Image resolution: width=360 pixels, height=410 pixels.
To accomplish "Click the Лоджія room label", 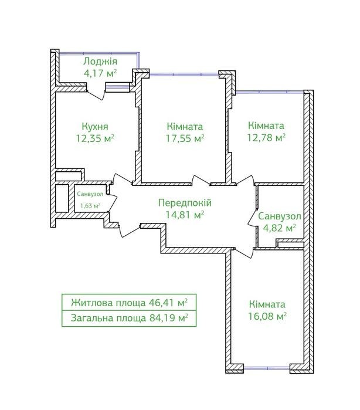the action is pos(100,62).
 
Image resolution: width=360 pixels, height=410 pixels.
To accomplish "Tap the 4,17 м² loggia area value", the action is pos(100,73).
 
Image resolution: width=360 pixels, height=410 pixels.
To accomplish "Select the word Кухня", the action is pos(95,127).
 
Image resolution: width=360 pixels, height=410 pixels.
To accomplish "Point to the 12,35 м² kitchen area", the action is pos(95,138).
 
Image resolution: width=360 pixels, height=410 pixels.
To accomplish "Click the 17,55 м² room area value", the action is pos(185,138).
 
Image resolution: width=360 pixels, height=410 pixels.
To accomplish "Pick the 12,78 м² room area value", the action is pos(266,137).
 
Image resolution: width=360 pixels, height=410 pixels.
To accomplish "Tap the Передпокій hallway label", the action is pos(185,203).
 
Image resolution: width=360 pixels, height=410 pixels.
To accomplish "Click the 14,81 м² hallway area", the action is pos(185,215).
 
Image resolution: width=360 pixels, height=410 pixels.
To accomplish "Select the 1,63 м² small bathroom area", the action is pos(90,206).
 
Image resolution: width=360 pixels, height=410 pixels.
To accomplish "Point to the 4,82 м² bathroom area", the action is pos(279,228).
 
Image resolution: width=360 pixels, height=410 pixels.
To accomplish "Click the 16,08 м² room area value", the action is pos(267,316).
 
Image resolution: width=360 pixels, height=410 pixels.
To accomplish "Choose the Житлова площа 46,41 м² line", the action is pos(129,303).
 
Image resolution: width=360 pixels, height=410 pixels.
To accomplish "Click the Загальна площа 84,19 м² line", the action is pos(129,318).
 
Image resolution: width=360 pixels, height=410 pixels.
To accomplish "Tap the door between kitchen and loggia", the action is pos(96,94).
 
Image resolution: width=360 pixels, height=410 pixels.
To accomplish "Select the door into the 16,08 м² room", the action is pos(244,253).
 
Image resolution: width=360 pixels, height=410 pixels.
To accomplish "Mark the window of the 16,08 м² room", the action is pos(267,368).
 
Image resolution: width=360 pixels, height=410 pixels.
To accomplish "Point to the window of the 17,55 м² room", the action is pos(184,74).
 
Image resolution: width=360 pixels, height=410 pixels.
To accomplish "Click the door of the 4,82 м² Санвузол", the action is pos(252,216).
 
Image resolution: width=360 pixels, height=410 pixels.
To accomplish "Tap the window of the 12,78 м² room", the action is pos(270,92).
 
